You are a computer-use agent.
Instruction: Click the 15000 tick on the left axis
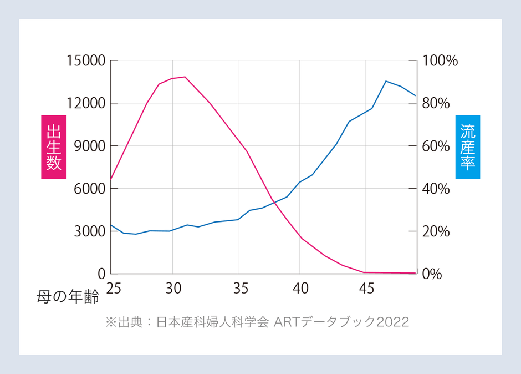(85, 60)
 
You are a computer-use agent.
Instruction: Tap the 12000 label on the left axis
(85, 103)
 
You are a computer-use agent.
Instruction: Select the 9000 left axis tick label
(89, 146)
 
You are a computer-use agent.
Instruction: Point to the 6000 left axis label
(89, 189)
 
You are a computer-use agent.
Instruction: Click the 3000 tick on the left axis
(89, 231)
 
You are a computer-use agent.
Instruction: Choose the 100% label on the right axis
(440, 60)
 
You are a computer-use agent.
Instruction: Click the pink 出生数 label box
(53, 146)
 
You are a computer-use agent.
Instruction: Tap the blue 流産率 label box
(467, 146)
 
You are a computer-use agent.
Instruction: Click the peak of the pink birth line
(185, 77)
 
